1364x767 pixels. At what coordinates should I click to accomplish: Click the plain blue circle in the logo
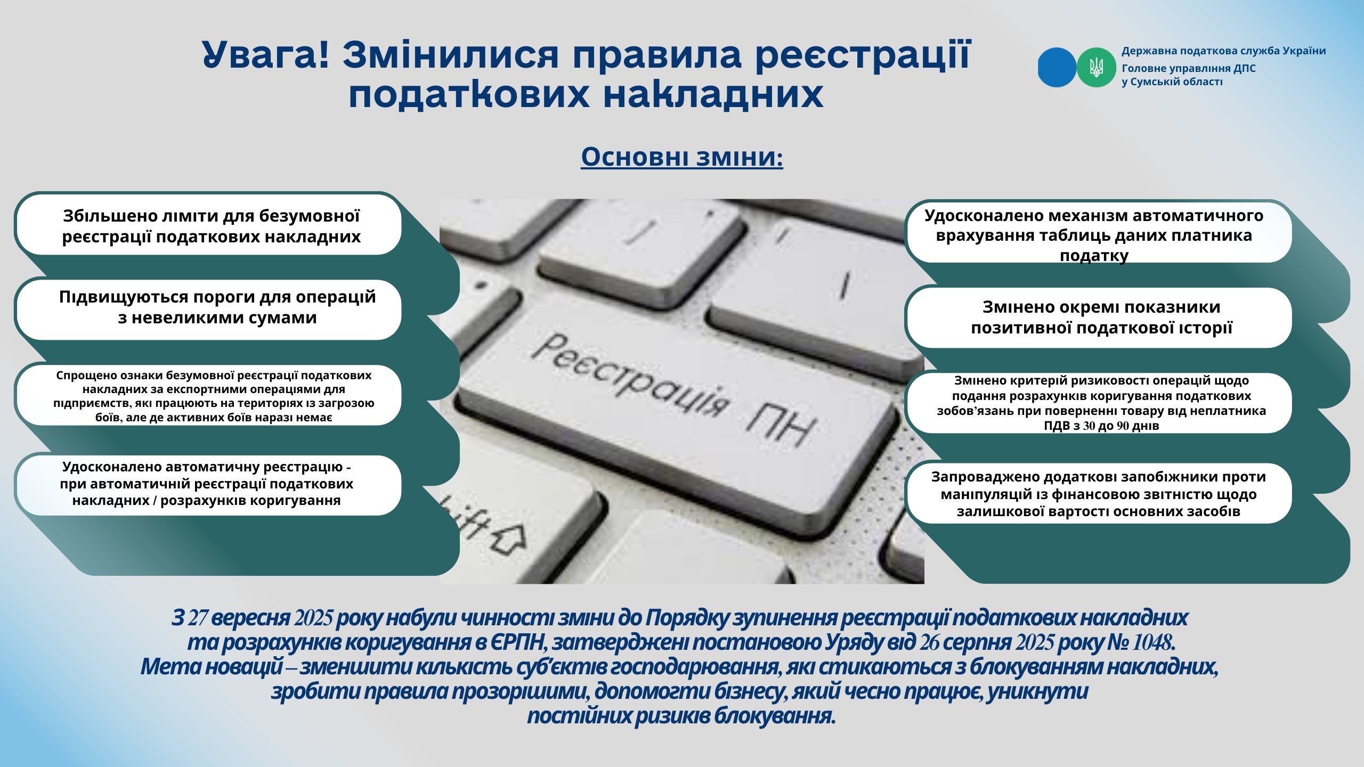point(1057,68)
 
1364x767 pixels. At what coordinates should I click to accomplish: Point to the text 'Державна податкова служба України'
point(1223,51)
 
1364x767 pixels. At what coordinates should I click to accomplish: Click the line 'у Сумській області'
point(1172,82)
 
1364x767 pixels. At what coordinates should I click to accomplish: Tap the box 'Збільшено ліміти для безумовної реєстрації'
point(209,225)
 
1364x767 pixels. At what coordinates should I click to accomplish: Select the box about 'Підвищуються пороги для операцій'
point(209,309)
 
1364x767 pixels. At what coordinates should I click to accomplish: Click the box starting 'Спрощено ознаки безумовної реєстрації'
point(209,395)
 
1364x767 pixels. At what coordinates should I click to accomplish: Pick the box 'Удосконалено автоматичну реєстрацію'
point(209,485)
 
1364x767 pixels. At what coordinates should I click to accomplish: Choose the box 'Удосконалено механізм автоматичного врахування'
point(1098,232)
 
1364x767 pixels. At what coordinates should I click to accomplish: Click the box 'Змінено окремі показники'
point(1098,318)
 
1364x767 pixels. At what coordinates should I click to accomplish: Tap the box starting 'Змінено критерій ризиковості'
point(1098,403)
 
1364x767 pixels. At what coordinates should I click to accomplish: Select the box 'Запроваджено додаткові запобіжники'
point(1098,493)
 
